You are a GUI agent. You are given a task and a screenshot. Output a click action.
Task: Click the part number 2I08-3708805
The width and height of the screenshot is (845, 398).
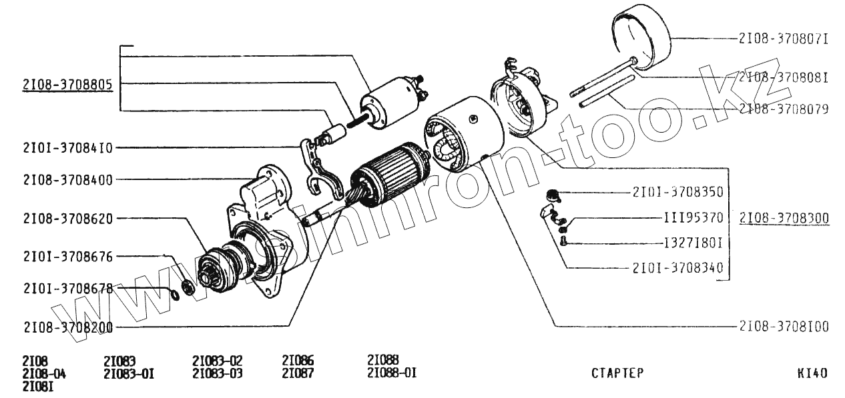67,85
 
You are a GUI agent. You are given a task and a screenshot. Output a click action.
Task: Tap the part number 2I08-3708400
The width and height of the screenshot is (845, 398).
67,179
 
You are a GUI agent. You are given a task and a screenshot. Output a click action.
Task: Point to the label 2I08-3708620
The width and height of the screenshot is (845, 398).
67,219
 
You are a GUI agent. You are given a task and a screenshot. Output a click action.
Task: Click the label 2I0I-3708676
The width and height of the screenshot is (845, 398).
67,257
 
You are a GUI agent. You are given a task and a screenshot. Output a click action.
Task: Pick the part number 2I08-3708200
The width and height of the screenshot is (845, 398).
67,327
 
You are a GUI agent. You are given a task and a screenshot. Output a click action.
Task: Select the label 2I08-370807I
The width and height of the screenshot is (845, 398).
783,39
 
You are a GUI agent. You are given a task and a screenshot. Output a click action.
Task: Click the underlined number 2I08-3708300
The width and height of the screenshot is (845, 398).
784,218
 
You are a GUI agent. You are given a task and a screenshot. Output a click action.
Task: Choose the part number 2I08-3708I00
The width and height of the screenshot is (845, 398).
784,327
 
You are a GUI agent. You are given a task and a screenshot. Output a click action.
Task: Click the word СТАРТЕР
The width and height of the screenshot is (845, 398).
617,373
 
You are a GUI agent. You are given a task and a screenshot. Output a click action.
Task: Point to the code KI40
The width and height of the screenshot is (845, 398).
812,373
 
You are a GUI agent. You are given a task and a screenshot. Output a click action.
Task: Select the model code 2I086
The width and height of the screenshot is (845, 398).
298,361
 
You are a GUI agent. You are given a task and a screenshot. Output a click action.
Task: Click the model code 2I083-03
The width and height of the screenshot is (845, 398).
217,373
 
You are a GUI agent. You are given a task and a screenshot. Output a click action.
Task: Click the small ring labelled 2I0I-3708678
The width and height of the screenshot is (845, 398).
174,293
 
